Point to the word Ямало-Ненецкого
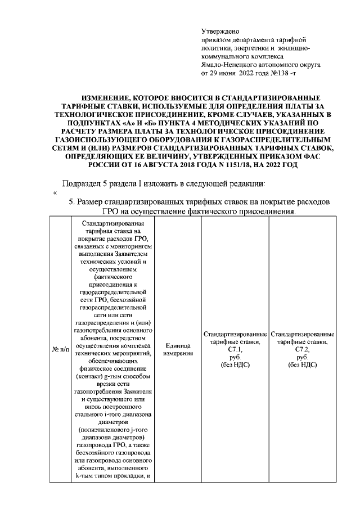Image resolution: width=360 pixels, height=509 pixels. [x=229, y=65]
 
